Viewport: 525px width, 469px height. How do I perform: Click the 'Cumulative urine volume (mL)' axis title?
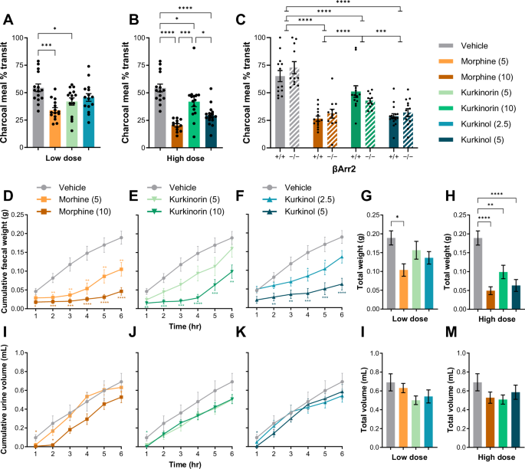tap(7, 392)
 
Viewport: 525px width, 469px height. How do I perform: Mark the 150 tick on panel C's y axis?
tap(252, 13)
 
